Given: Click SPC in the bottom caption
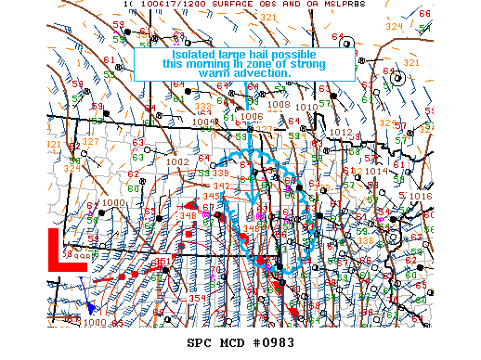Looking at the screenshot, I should click(x=201, y=342).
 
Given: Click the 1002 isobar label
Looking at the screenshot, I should click(x=177, y=161).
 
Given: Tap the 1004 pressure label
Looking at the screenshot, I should click(x=203, y=122).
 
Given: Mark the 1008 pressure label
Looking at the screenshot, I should click(x=279, y=105).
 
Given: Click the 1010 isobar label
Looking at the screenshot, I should click(x=305, y=108).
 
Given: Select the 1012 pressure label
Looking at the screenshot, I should click(x=341, y=133).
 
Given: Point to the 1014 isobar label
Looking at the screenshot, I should click(x=376, y=172).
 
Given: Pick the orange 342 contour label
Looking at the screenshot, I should click(x=195, y=186).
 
